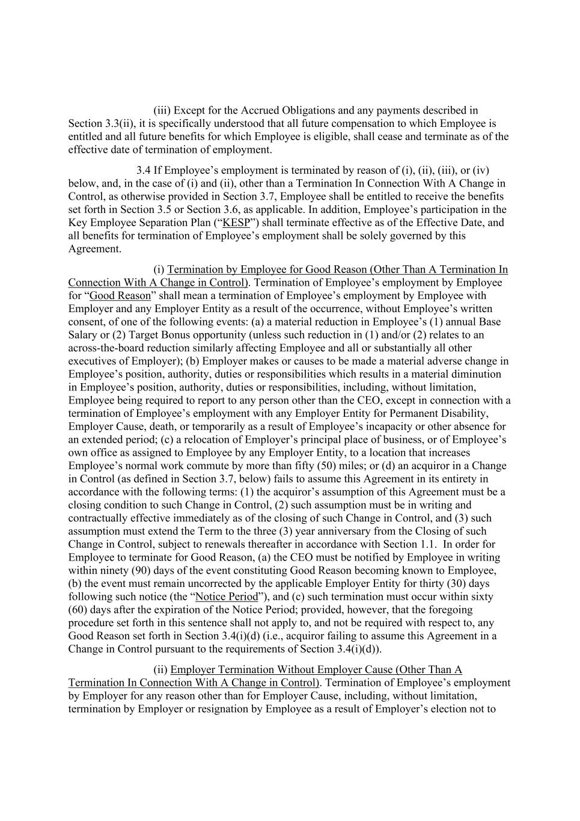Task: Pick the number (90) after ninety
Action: click(136, 570)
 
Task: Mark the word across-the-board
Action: click(105, 348)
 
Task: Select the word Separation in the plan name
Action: click(148, 223)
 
